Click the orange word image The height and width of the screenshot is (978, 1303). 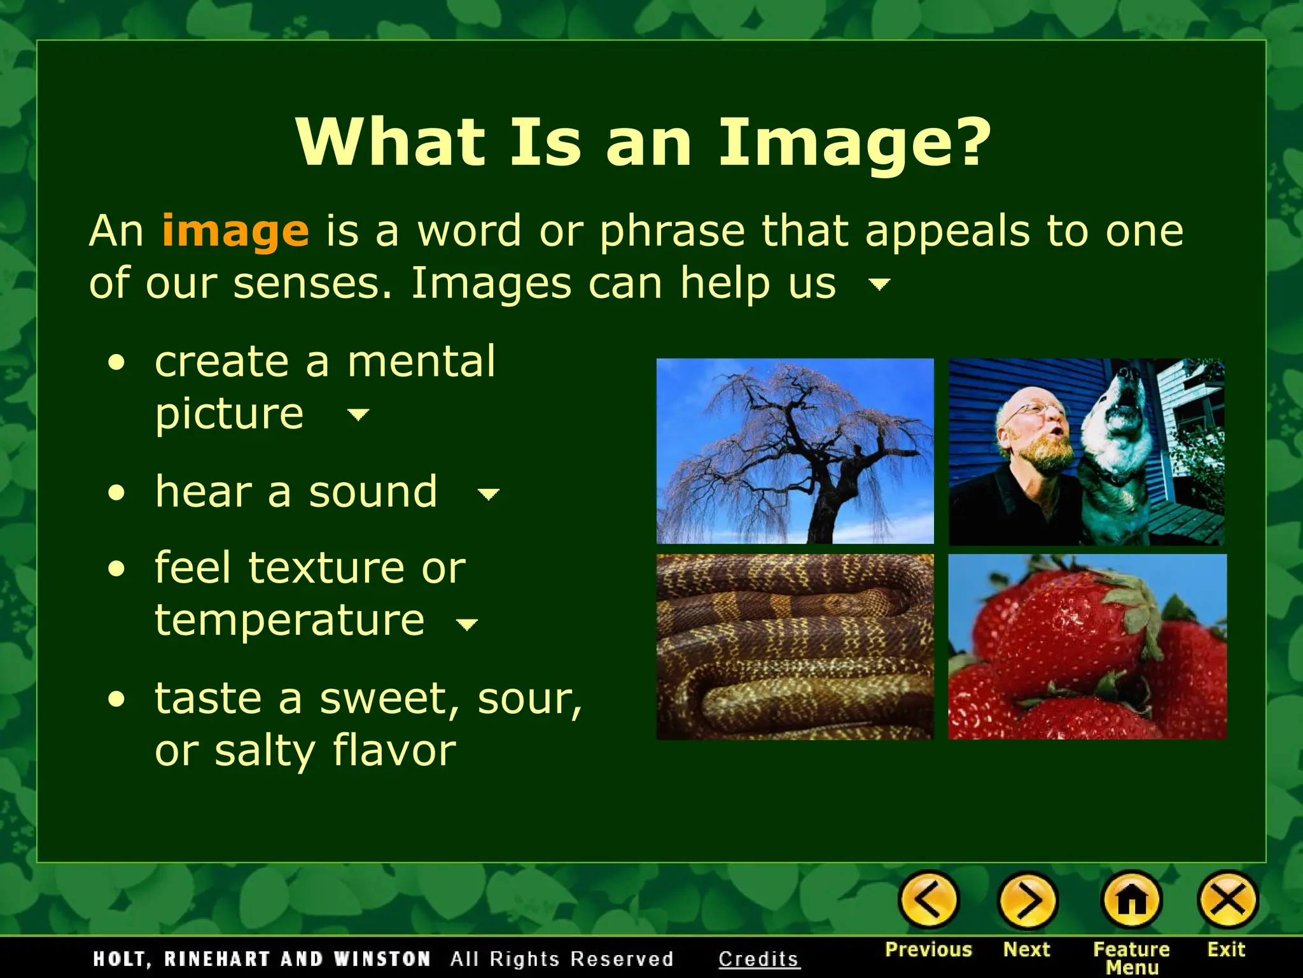(235, 231)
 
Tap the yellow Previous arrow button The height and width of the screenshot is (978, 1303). (928, 900)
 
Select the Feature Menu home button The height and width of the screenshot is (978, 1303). (1131, 900)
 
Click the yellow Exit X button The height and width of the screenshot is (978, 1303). (1227, 900)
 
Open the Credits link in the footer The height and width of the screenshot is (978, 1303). (758, 959)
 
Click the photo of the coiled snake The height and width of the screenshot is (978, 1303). (795, 646)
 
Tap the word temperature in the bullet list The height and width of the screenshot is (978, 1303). (289, 620)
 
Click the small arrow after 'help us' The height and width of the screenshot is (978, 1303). (879, 284)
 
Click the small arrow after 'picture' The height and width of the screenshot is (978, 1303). (358, 415)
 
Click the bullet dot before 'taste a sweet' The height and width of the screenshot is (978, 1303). (116, 700)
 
